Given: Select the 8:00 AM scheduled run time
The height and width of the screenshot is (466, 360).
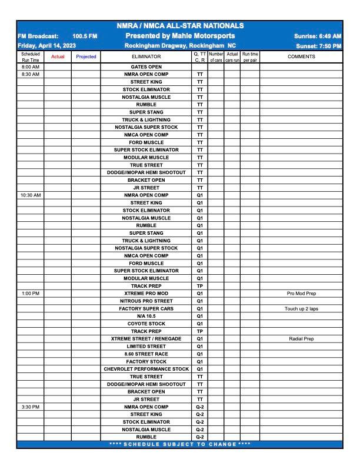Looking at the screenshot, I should click(30, 67).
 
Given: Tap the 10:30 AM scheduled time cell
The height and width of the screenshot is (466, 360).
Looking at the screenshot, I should click(30, 195).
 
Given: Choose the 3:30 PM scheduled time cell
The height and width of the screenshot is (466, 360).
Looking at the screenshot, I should click(30, 407).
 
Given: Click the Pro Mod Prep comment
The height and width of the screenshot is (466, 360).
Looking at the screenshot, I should click(301, 293).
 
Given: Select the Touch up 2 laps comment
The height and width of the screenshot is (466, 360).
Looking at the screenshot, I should click(301, 308).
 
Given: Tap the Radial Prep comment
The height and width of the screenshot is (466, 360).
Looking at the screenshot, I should click(301, 339).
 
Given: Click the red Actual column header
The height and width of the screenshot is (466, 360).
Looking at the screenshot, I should click(58, 56).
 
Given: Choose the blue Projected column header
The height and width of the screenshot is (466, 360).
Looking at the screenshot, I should click(86, 56).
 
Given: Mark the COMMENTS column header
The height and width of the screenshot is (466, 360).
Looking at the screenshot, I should click(301, 56).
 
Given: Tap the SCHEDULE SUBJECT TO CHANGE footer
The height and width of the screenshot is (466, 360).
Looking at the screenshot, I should click(180, 444).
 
